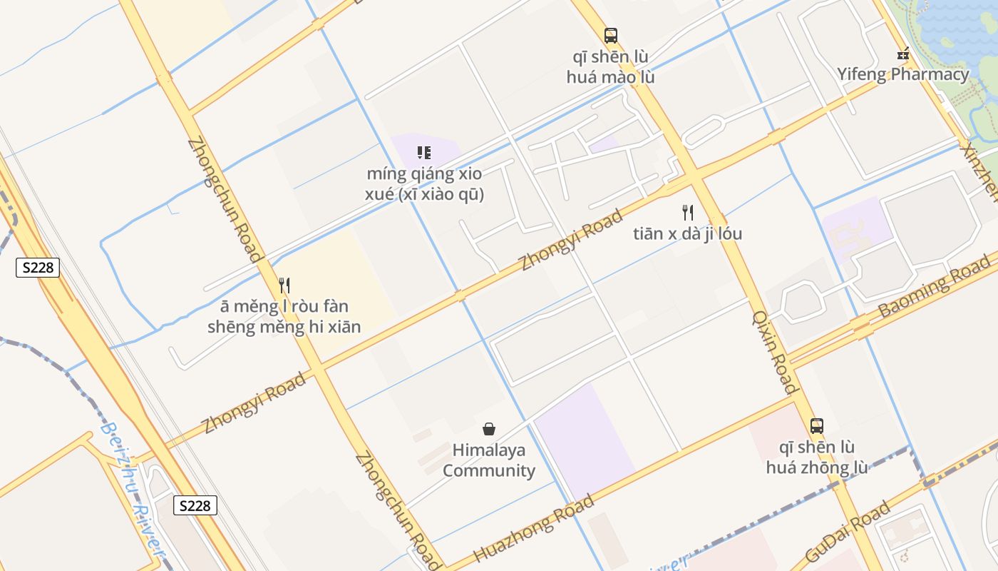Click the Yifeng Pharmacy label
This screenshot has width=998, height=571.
pyautogui.click(x=902, y=74)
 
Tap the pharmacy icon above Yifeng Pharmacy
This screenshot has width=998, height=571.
pyautogui.click(x=903, y=54)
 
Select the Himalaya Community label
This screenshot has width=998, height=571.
pyautogui.click(x=489, y=460)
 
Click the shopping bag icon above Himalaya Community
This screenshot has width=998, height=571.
pyautogui.click(x=489, y=429)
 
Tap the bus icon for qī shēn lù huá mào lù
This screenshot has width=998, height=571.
pyautogui.click(x=610, y=36)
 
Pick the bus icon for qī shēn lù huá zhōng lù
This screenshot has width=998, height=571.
pyautogui.click(x=817, y=426)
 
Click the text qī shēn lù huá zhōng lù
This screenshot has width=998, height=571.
pyautogui.click(x=817, y=458)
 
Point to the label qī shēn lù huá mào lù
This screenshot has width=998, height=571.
pyautogui.click(x=610, y=67)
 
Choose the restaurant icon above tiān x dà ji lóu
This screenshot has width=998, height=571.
pyautogui.click(x=687, y=212)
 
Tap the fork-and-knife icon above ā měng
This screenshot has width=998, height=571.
pyautogui.click(x=284, y=285)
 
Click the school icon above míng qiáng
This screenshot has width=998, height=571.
pyautogui.click(x=424, y=153)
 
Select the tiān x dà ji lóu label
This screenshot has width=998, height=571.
pyautogui.click(x=687, y=233)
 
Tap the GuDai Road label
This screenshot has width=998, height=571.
pyautogui.click(x=848, y=532)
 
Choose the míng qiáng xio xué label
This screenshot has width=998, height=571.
pyautogui.click(x=425, y=184)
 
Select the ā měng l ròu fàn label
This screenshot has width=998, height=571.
pyautogui.click(x=284, y=317)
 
